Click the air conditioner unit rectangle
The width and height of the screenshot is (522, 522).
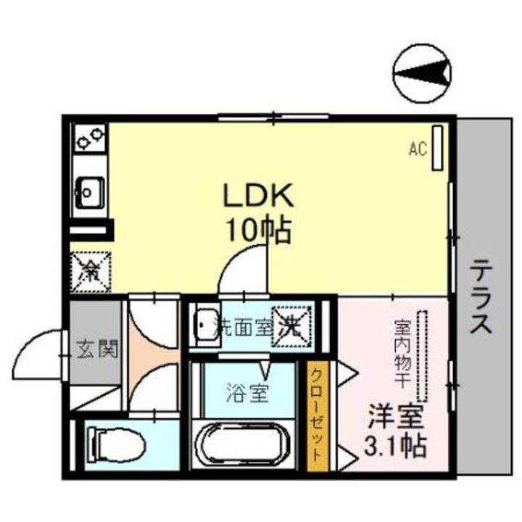(x=438, y=149)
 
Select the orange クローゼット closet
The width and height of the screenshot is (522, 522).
(x=317, y=416)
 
